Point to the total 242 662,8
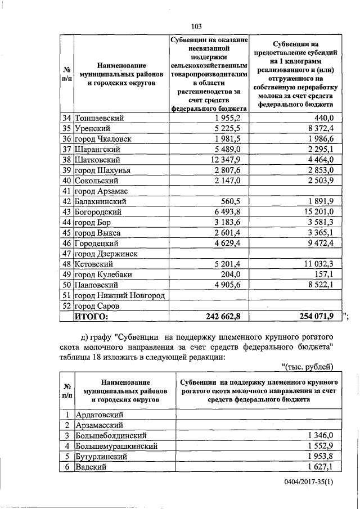click(219, 317)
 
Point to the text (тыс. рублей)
click(307, 367)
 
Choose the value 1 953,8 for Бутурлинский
click(321, 456)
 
